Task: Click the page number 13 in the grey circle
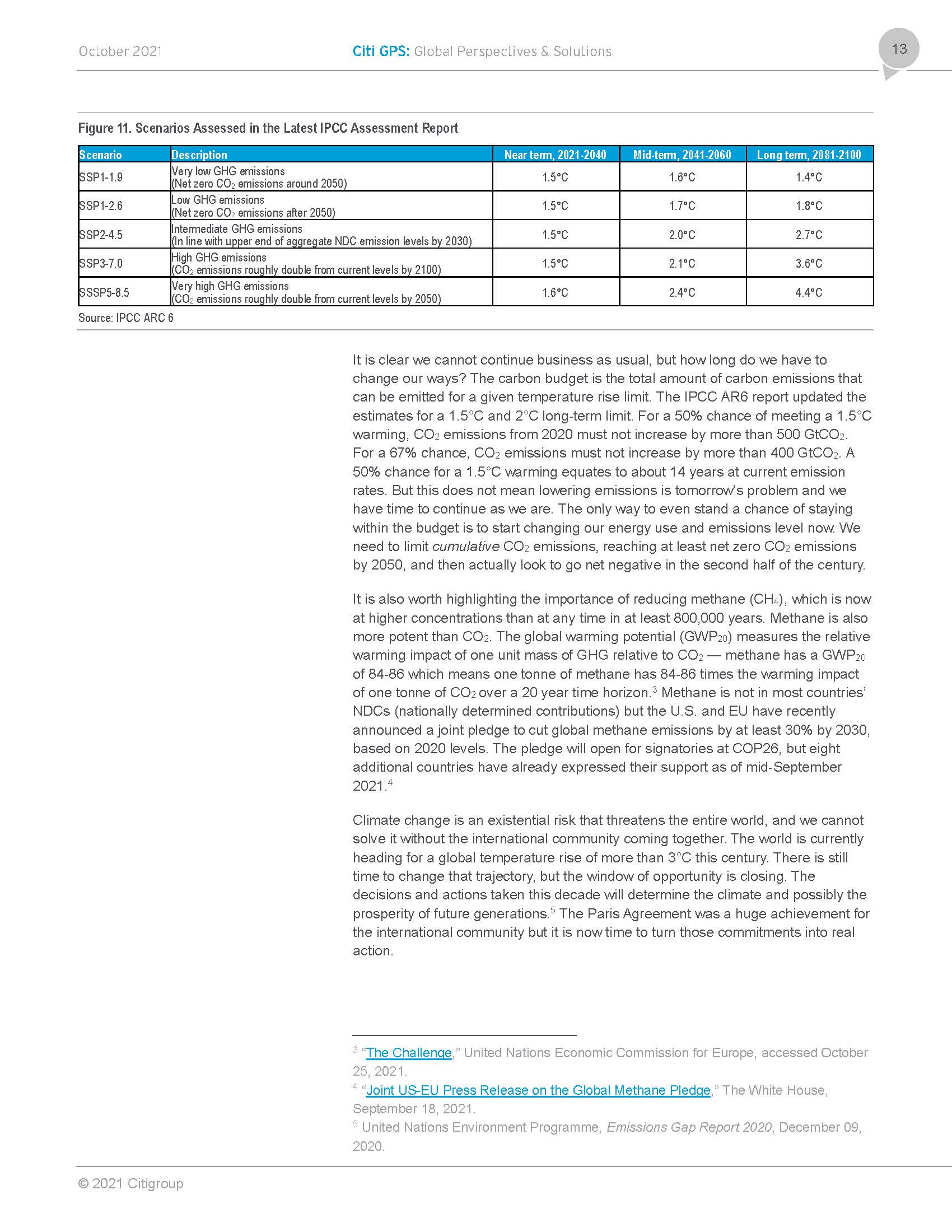point(899,49)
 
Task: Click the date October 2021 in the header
point(120,52)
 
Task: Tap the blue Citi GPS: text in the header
point(381,52)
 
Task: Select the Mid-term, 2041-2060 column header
point(682,155)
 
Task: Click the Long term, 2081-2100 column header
point(809,155)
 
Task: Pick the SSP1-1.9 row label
point(101,177)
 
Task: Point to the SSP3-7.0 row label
point(101,263)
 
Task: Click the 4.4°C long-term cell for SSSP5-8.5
point(809,292)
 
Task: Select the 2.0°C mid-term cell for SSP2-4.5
point(682,235)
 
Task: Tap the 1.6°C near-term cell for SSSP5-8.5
point(555,292)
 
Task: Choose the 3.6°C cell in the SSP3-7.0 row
point(809,263)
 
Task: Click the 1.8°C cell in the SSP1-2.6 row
point(809,206)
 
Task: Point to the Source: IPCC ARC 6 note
point(126,318)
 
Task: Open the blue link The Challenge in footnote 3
point(409,1053)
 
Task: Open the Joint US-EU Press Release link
point(538,1090)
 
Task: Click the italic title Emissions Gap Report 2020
point(689,1127)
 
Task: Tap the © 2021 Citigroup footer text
point(131,1183)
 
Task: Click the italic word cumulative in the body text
point(465,546)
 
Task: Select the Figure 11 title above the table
point(268,129)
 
